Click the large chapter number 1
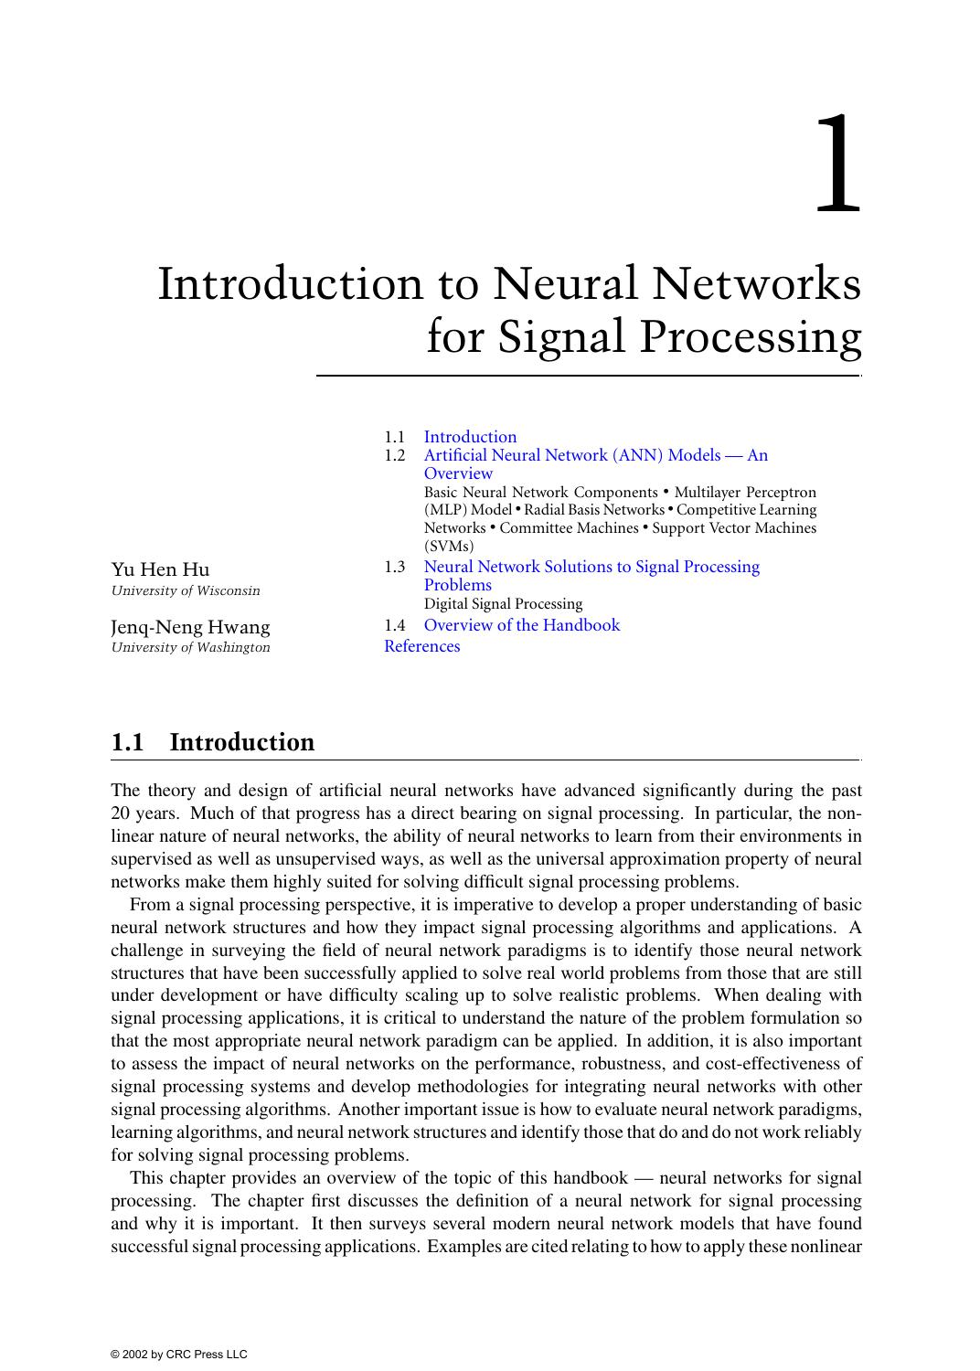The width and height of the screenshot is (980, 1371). click(x=837, y=165)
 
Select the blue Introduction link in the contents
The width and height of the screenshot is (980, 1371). click(x=470, y=437)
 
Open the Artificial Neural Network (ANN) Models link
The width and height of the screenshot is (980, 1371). click(x=595, y=455)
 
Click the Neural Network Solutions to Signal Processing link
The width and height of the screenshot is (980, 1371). click(x=591, y=567)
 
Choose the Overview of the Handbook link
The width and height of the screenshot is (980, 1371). click(x=521, y=625)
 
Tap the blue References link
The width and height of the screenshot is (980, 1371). click(x=421, y=646)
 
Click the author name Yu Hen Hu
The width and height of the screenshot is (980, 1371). click(x=160, y=569)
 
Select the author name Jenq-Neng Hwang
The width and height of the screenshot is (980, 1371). click(x=190, y=627)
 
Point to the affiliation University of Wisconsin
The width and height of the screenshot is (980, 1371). click(x=185, y=590)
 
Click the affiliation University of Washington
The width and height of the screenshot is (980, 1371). click(x=190, y=647)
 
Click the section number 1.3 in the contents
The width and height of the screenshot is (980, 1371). click(x=394, y=567)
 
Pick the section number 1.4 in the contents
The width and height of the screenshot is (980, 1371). click(x=394, y=625)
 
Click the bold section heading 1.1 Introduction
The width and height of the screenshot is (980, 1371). click(x=212, y=742)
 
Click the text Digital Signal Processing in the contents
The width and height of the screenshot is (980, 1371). click(x=503, y=604)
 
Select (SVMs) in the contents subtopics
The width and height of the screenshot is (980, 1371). click(x=449, y=547)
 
